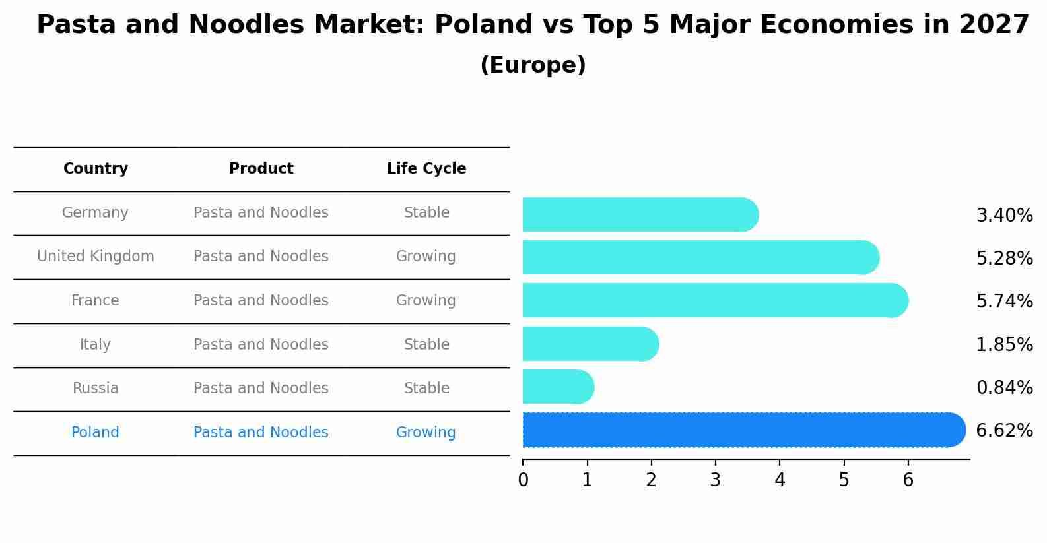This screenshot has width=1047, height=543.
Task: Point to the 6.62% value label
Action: coord(1004,431)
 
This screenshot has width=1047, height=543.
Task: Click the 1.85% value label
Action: coord(1004,344)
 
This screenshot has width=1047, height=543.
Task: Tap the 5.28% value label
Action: coord(1004,258)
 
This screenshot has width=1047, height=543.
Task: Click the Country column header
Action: coord(96,169)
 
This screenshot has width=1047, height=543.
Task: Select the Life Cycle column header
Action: coord(426,169)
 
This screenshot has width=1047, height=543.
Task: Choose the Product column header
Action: coord(261,169)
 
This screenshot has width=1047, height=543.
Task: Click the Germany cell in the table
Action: coord(95,213)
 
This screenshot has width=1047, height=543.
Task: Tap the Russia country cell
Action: coord(95,389)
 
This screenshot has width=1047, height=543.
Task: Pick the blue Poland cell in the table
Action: coord(95,433)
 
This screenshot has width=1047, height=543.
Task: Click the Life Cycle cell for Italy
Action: coord(426,345)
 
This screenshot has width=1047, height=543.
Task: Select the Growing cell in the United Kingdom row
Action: coord(426,257)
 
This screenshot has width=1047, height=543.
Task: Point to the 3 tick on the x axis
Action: coord(716,480)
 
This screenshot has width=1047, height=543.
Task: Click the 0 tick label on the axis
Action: coord(523,480)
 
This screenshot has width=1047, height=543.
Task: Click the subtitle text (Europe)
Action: coord(533,65)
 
